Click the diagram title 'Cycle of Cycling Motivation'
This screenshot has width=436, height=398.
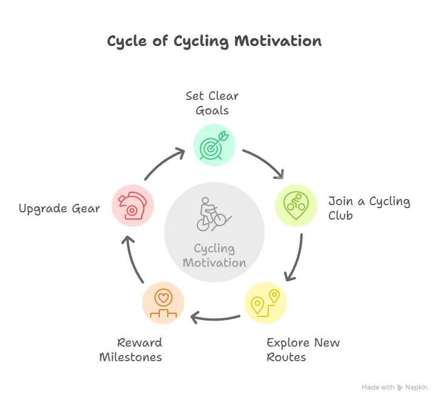[x=214, y=41]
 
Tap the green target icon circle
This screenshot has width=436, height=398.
[x=214, y=145]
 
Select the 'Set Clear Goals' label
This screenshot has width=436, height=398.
[x=212, y=103]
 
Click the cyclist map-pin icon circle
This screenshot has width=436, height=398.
[x=296, y=206]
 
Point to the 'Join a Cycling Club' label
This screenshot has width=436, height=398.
[x=369, y=208]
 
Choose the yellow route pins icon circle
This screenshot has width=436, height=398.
[x=266, y=303]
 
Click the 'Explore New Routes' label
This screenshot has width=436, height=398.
[x=303, y=350]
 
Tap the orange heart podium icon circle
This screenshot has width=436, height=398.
[x=163, y=303]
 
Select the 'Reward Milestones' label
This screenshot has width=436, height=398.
[x=131, y=350]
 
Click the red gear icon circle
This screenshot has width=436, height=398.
[x=133, y=206]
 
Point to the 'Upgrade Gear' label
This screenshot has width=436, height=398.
[x=59, y=209]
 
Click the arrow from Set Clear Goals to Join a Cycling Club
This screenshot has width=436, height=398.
[x=266, y=160]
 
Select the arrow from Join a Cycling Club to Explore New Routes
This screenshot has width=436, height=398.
[x=298, y=259]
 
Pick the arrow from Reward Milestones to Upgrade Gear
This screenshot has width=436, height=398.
[x=131, y=259]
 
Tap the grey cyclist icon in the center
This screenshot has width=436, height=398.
[x=214, y=214]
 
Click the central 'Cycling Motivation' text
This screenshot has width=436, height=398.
[x=214, y=255]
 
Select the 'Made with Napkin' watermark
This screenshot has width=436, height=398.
[x=395, y=388]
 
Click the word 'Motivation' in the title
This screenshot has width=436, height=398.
[x=278, y=41]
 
